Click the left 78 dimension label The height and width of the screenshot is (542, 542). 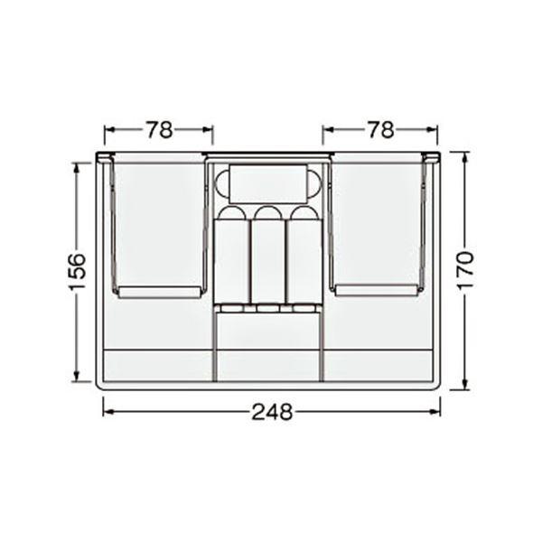159,130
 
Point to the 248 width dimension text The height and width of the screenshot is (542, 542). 272,412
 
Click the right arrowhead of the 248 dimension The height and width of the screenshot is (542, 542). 435,412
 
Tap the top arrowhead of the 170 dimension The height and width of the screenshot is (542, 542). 465,158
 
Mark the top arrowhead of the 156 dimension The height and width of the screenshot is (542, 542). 77,168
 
